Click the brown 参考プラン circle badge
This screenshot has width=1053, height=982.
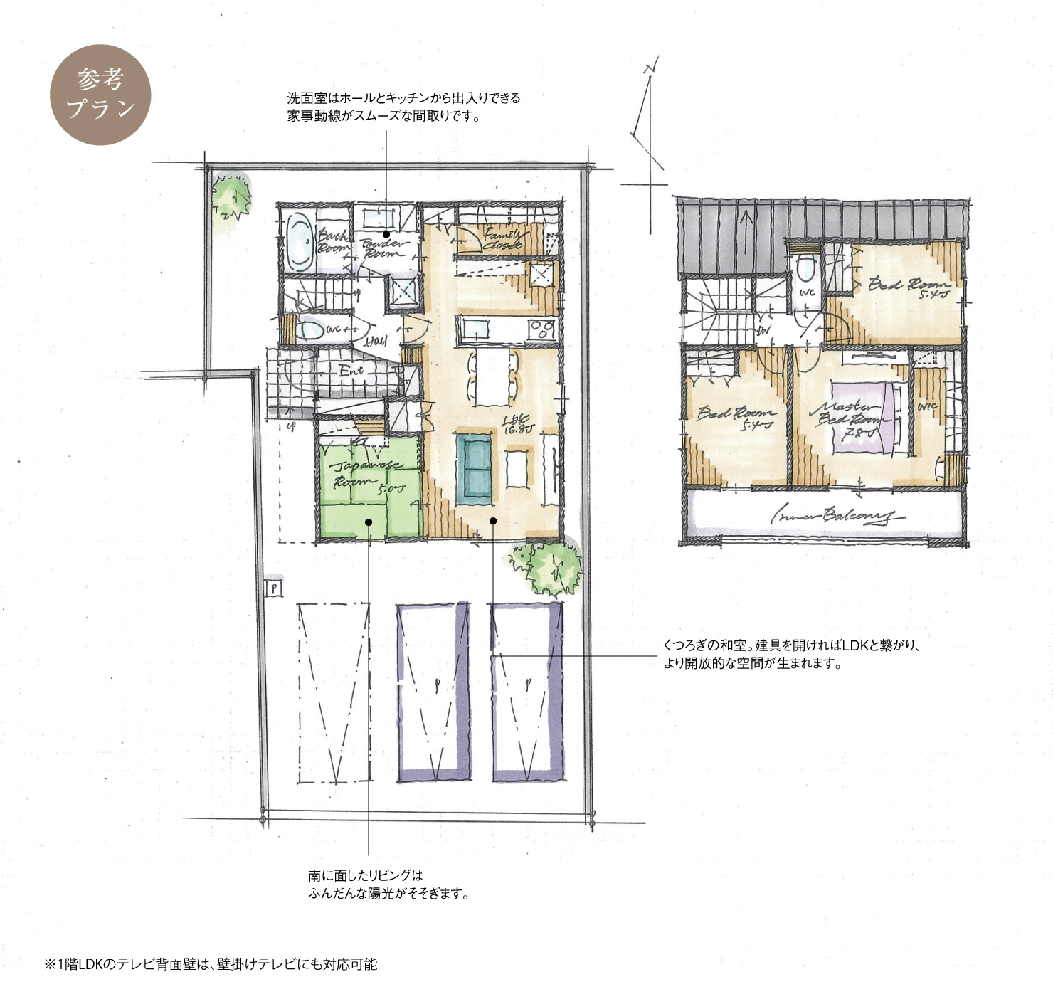coord(100,95)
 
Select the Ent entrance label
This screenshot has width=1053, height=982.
coord(351,371)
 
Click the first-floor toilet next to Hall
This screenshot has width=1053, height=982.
coord(309,330)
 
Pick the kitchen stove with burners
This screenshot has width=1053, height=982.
coord(542,329)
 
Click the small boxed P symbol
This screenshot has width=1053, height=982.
coord(274,588)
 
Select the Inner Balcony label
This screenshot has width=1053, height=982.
coord(837,515)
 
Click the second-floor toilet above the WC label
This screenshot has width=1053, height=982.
coord(806,270)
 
